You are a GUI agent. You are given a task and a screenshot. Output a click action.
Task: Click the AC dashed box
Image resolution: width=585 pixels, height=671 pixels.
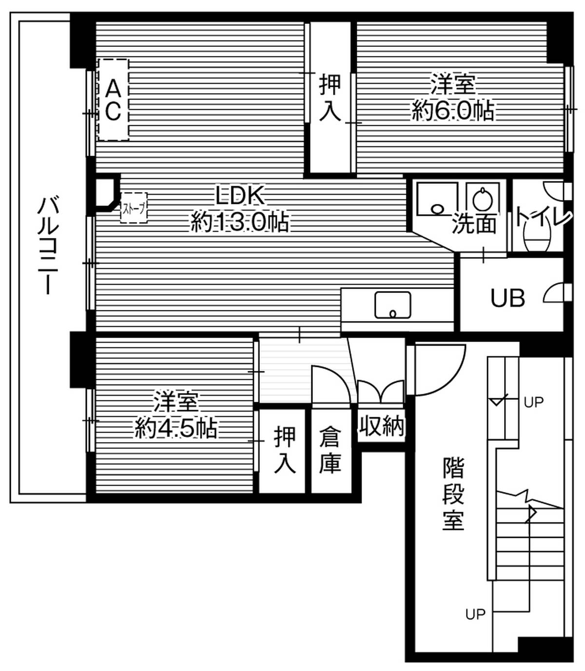pos(113,100)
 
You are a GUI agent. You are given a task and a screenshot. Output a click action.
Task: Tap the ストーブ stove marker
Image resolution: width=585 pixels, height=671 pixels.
pos(134,208)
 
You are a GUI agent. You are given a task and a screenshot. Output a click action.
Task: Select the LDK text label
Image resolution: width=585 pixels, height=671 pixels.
pos(240,196)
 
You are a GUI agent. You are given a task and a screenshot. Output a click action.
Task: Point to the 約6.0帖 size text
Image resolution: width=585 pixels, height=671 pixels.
pos(452,111)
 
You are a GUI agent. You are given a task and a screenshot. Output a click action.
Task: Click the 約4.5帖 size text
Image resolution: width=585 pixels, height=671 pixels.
pos(175,429)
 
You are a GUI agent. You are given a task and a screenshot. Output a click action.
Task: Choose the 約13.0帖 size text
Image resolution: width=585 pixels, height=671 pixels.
pos(240,223)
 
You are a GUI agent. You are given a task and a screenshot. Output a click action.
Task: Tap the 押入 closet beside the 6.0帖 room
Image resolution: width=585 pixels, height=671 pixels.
pos(330,98)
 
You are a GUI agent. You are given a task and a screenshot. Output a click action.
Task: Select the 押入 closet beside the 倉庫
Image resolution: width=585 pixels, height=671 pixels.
pos(284,450)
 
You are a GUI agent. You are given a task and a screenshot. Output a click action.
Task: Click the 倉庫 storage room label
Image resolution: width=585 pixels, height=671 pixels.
pos(330,450)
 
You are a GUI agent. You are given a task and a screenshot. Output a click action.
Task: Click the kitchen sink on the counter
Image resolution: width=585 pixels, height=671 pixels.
pos(392,305)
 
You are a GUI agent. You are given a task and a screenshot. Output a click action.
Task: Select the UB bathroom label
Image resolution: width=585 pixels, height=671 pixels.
pos(507,297)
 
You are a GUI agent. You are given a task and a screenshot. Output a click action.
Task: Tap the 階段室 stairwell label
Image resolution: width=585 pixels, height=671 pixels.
pos(453,493)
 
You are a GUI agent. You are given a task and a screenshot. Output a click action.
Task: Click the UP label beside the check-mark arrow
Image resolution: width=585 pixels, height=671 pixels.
pos(533,402)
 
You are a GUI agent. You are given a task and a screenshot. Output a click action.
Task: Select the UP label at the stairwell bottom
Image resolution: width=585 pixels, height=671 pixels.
pos(475,614)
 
